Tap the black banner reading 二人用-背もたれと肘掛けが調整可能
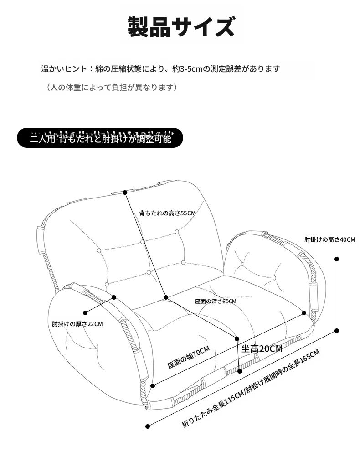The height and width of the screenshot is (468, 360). tap(100, 138)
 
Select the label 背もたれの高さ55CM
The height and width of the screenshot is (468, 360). tap(167, 213)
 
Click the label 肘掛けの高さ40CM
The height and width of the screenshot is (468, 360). tap(329, 239)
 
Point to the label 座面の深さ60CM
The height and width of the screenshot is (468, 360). tap(216, 302)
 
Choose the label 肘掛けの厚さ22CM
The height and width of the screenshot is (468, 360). tap(77, 324)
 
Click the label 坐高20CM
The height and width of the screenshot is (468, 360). tap(262, 348)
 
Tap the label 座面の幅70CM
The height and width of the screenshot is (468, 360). tap(189, 357)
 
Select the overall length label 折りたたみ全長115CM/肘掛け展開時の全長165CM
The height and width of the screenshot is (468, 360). tap(251, 388)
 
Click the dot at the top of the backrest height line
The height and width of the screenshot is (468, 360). tap(125, 192)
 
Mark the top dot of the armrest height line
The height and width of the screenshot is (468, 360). tap(337, 259)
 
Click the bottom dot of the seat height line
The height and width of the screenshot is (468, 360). tap(240, 371)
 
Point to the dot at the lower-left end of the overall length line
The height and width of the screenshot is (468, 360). tap(148, 426)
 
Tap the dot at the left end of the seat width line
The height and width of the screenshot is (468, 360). tap(153, 386)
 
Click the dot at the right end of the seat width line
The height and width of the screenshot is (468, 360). tap(304, 313)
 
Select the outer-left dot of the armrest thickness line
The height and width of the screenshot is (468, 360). tap(85, 313)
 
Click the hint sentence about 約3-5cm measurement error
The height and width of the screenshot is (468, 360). tap(161, 69)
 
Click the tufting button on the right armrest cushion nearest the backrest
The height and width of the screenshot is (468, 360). tap(242, 264)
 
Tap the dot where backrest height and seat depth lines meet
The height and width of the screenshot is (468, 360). tap(166, 297)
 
